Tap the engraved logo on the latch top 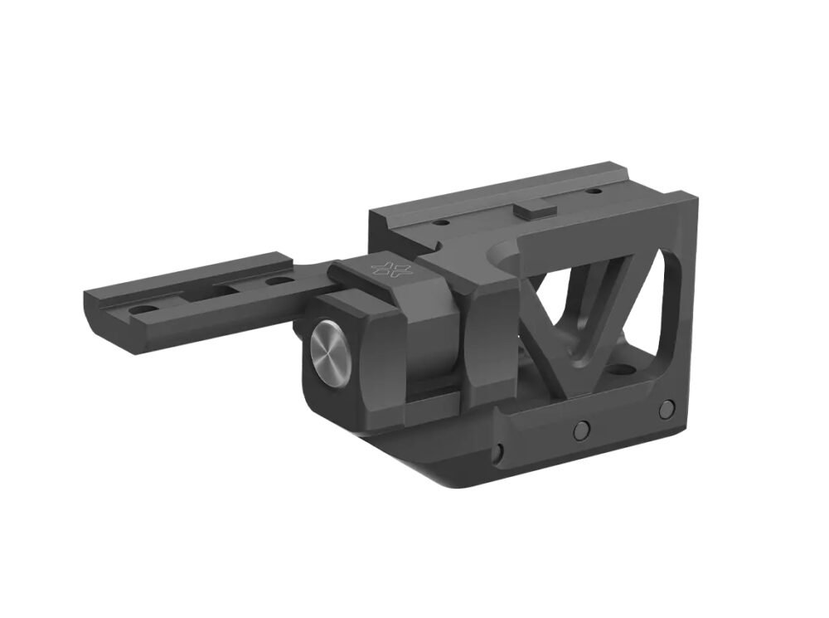pyautogui.click(x=385, y=268)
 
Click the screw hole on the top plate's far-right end pyautogui.click(x=594, y=192)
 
